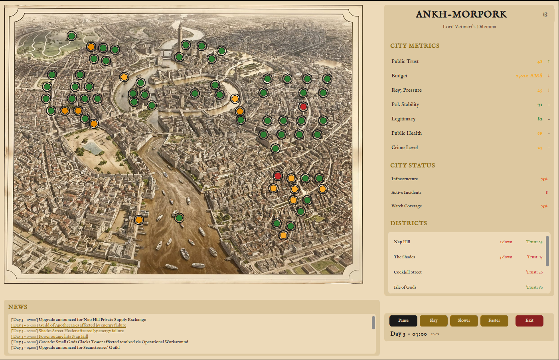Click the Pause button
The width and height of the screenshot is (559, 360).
click(x=403, y=321)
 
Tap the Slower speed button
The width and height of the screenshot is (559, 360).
click(x=464, y=321)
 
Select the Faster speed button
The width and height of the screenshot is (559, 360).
click(x=494, y=321)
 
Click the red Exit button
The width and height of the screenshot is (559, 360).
click(x=529, y=321)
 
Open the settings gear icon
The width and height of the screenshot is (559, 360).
click(x=545, y=15)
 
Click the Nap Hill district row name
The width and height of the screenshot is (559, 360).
click(x=402, y=242)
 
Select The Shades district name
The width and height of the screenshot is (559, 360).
click(x=404, y=257)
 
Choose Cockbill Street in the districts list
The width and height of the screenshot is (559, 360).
click(x=407, y=272)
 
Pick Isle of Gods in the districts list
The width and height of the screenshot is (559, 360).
click(x=405, y=287)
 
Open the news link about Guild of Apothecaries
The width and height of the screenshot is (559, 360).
click(x=82, y=325)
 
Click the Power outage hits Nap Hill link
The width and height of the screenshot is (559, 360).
click(x=63, y=336)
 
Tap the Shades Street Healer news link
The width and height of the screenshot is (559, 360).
click(x=81, y=331)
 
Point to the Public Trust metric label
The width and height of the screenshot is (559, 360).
click(x=405, y=61)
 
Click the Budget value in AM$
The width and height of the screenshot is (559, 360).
click(x=529, y=76)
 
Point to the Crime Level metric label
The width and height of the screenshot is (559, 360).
click(x=405, y=148)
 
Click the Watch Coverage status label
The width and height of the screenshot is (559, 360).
click(x=406, y=206)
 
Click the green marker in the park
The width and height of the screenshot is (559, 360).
click(x=71, y=36)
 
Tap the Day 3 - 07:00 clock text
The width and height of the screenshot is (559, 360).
click(x=408, y=334)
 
